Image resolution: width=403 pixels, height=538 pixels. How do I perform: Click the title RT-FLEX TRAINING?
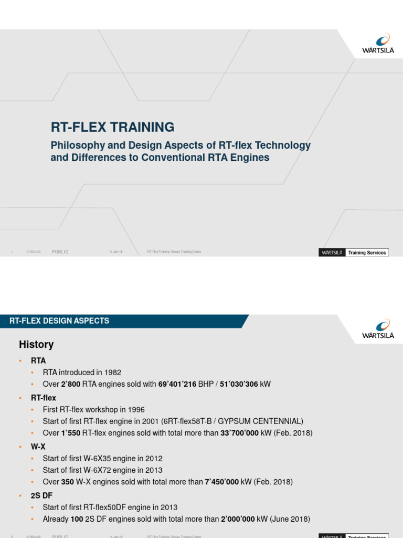[112, 127]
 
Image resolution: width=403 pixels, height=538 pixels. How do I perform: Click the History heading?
[36, 345]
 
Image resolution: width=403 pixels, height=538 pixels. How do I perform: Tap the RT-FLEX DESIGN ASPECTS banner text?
[59, 321]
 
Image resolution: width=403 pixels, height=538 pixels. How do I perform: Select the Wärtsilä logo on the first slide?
[378, 44]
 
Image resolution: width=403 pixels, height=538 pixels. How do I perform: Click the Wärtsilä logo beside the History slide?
[378, 328]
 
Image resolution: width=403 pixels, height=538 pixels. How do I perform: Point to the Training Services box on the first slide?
[367, 253]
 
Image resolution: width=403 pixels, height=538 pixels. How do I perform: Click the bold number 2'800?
[71, 385]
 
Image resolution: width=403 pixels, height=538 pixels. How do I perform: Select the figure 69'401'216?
[176, 385]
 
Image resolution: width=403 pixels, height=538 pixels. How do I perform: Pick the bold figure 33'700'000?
[242, 433]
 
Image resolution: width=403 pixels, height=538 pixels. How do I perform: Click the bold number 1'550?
[71, 433]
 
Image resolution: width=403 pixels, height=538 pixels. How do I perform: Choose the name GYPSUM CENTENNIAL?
[264, 421]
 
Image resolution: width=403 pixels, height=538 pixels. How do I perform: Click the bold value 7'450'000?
[224, 482]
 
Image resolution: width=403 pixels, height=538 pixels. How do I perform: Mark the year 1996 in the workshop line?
[136, 409]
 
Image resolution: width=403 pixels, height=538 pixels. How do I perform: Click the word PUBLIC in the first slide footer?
[60, 252]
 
